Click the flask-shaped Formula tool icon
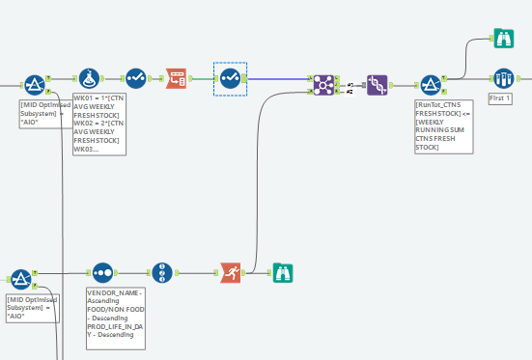tap(89, 79)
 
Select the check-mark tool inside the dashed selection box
tap(230, 79)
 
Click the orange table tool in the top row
tap(177, 79)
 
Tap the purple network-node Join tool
tap(323, 85)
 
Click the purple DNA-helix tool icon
tap(378, 85)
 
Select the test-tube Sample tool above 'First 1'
tap(502, 78)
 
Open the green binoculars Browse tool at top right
tap(502, 40)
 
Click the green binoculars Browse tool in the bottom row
tap(281, 273)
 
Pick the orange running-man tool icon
tap(229, 273)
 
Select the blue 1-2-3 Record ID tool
tap(162, 273)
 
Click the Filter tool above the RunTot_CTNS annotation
tap(430, 85)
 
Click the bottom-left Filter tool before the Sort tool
tap(21, 278)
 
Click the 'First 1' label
tap(500, 98)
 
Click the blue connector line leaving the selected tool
tap(280, 79)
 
